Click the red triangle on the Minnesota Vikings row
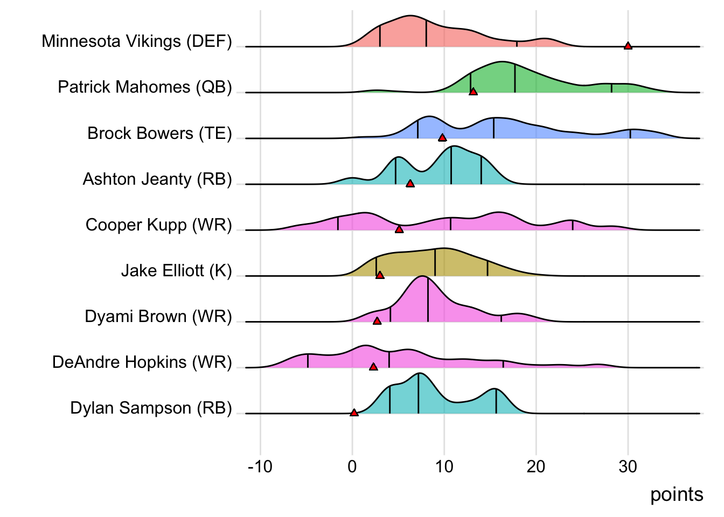[628, 46]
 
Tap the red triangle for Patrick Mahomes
[473, 92]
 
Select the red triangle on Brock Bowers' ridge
[442, 138]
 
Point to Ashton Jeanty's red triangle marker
[410, 184]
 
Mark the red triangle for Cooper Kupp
[399, 229]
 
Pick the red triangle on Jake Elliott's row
[380, 275]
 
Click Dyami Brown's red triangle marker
[377, 321]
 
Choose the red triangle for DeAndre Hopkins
[373, 367]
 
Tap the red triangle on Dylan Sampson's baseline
[354, 413]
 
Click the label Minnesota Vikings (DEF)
[137, 41]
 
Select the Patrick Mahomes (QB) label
[145, 87]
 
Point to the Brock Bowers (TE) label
[159, 133]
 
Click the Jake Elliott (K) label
[176, 270]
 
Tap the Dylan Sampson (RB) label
[151, 408]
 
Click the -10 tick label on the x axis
[260, 466]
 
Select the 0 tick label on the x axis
[352, 466]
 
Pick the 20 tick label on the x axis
[536, 466]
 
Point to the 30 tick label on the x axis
[628, 466]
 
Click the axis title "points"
[677, 494]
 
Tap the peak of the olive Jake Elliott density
[443, 249]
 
